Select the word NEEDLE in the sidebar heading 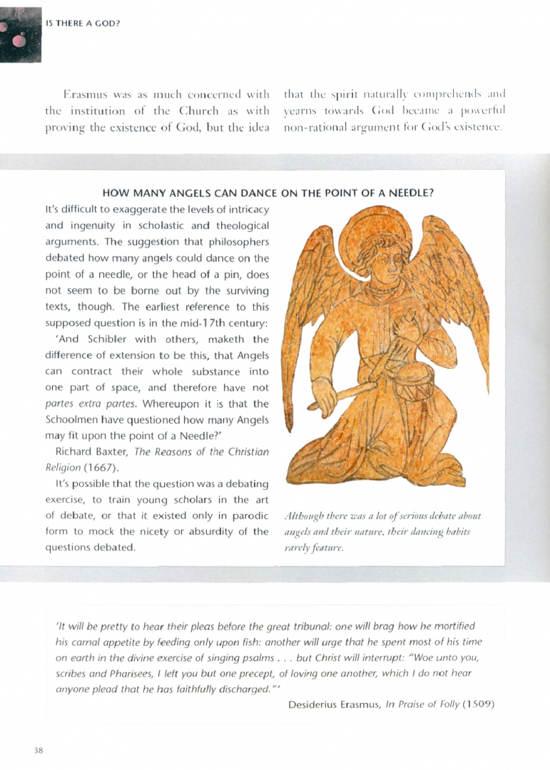tap(414, 192)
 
